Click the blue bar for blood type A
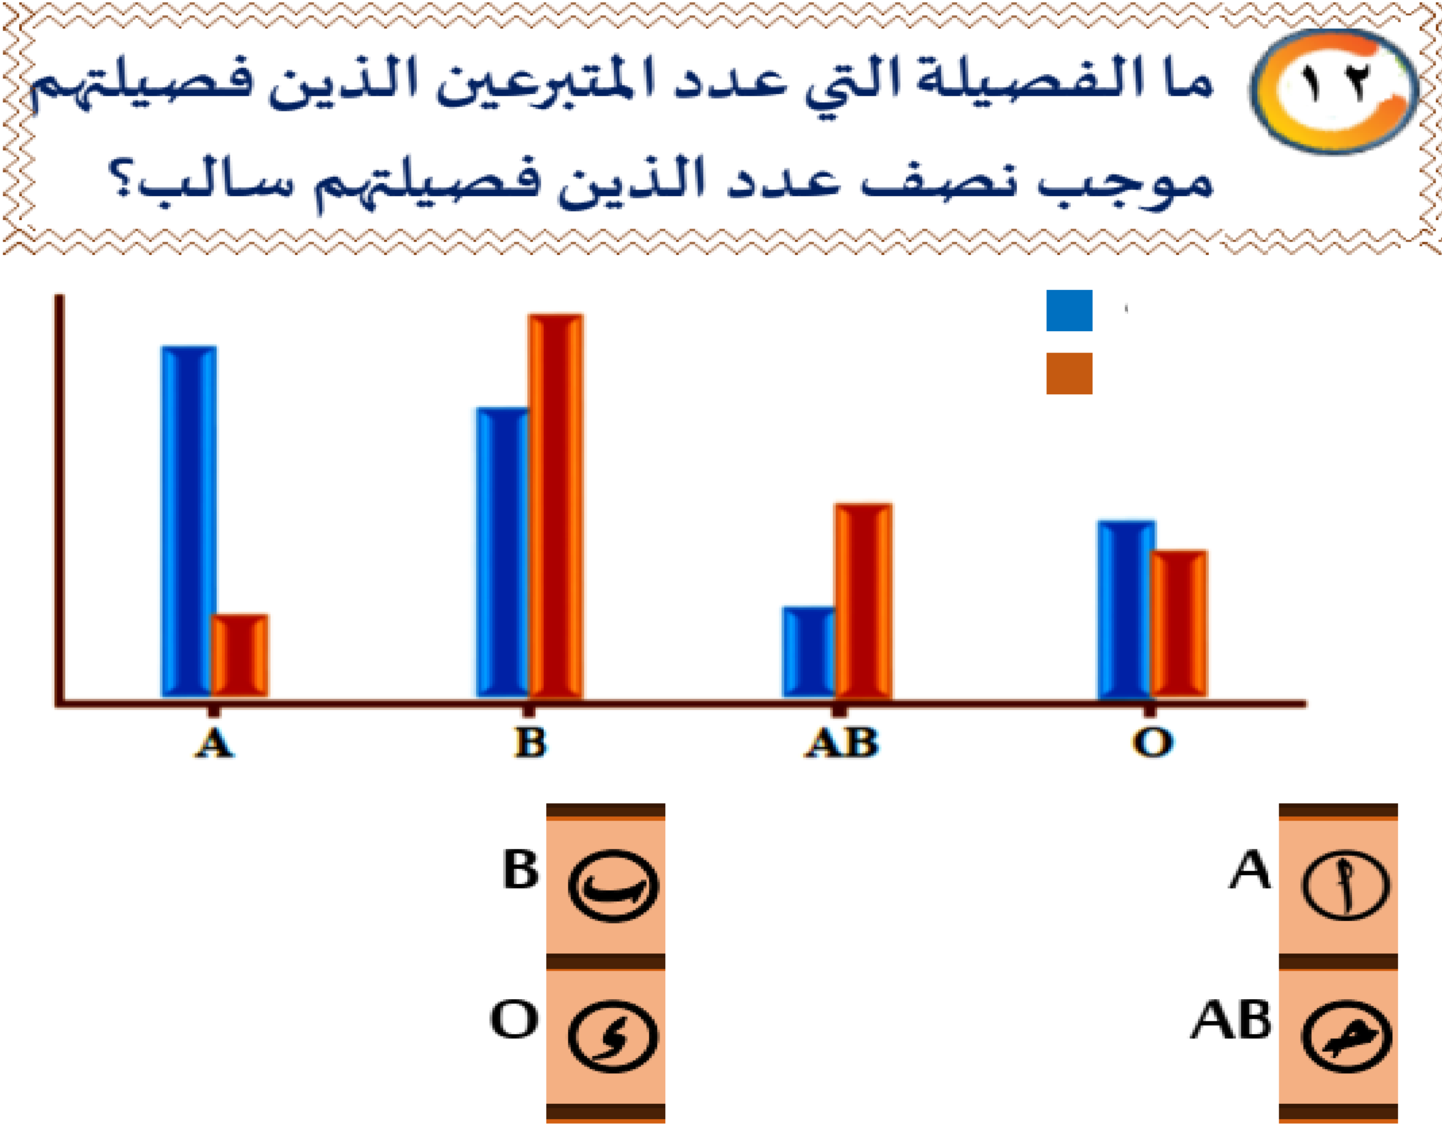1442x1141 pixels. coord(189,521)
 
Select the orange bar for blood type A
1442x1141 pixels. coord(240,656)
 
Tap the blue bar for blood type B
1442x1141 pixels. coord(502,552)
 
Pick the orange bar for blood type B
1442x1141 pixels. coord(555,506)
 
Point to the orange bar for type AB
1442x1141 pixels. coord(864,600)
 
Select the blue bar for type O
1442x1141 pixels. coord(1126,609)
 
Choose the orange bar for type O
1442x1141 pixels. coord(1179,623)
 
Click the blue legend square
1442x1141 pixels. coord(1069,311)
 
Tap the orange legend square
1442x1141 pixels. coord(1069,373)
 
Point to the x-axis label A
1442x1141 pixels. coord(214,743)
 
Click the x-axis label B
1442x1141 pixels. coord(531,743)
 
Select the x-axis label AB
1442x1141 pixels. coord(842,743)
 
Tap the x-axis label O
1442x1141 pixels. coord(1152,743)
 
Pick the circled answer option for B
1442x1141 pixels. coord(613,886)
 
